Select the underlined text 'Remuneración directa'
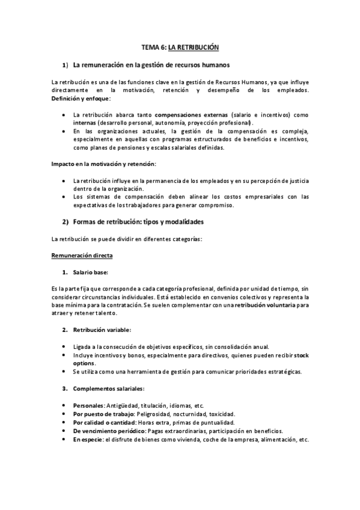pos(82,256)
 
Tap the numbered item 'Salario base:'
pos(91,272)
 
